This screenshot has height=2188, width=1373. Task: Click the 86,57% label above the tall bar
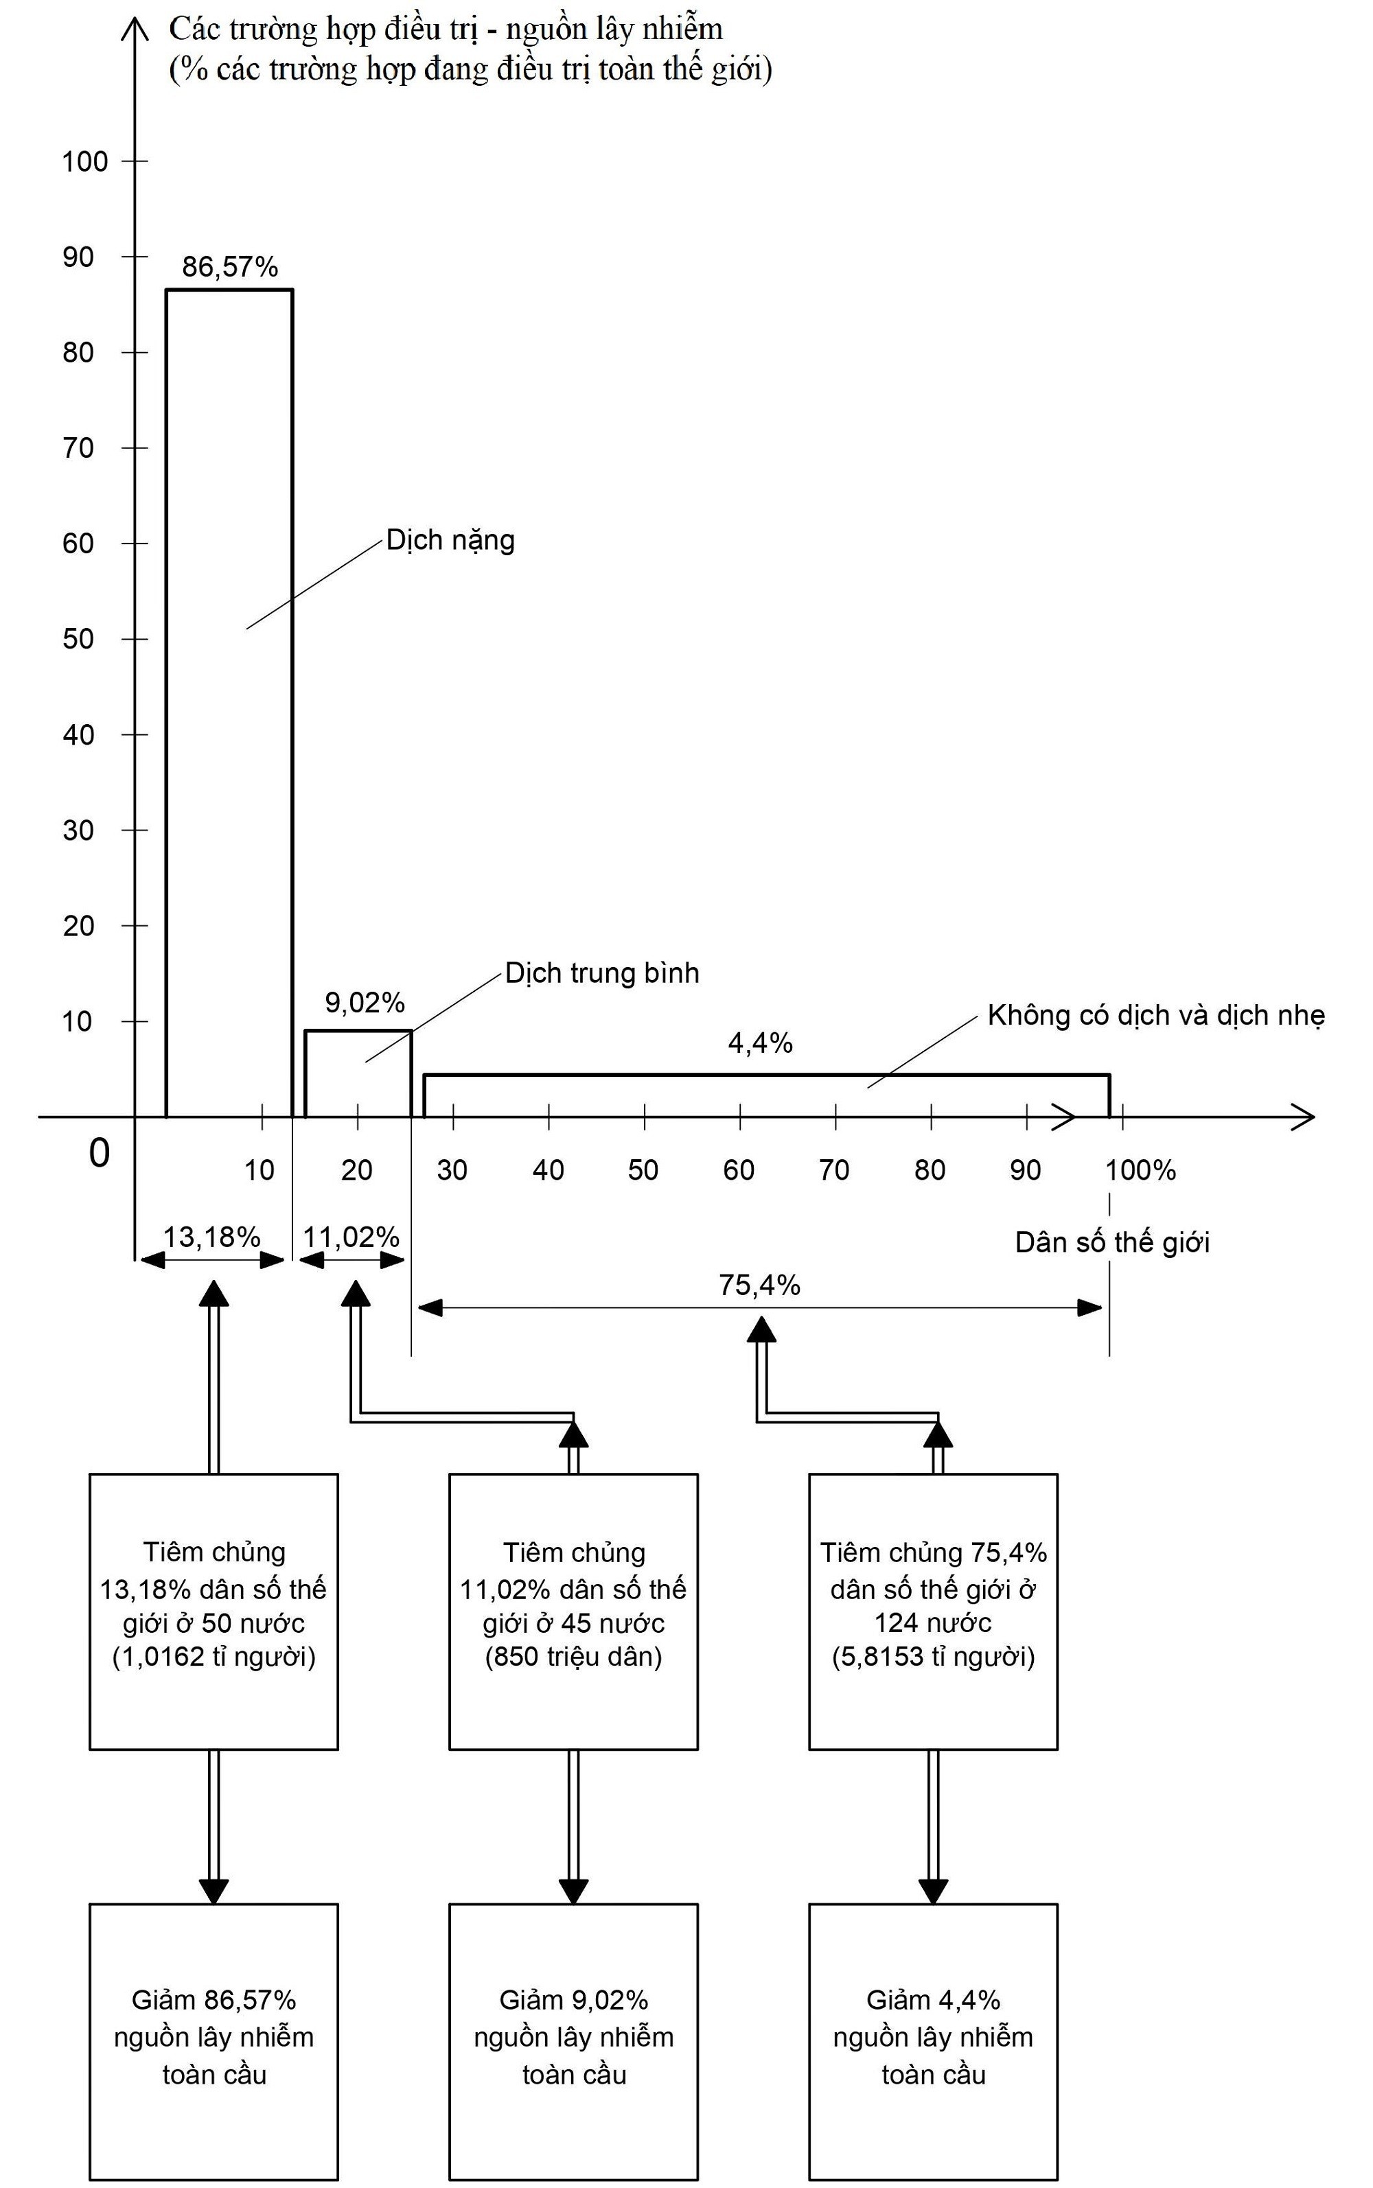point(230,267)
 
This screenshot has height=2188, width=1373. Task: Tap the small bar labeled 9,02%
point(358,1073)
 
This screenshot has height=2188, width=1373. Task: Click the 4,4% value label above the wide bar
point(760,1043)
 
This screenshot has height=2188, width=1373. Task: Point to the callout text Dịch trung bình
point(602,973)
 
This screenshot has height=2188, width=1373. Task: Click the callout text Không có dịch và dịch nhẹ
point(1155,1015)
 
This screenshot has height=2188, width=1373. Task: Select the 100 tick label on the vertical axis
point(84,161)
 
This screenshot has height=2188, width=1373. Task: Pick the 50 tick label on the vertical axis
point(79,639)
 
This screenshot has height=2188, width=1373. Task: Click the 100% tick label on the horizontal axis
point(1140,1170)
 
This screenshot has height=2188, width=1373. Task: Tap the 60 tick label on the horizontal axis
point(738,1170)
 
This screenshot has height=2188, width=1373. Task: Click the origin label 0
point(99,1153)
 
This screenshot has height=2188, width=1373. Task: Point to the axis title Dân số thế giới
point(1111,1242)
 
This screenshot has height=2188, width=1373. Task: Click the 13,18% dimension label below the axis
point(211,1237)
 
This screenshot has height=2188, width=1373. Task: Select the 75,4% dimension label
point(759,1285)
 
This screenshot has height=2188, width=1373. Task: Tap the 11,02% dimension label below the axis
point(351,1237)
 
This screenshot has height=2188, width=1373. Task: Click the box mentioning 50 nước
point(214,1611)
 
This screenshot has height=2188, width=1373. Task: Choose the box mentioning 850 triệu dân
point(573,1611)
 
